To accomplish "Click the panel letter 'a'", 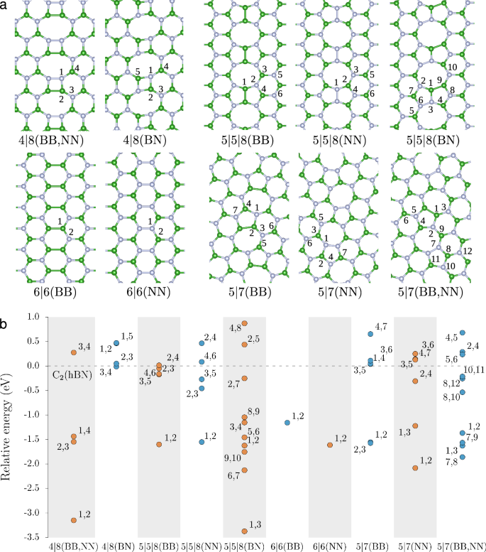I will click(x=5, y=6).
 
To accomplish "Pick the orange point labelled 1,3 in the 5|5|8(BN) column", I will click(x=245, y=531).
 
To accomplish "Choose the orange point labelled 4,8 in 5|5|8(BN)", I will click(x=245, y=323).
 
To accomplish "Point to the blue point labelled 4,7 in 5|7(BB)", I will click(x=370, y=334).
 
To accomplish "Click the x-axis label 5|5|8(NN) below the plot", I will click(x=201, y=546).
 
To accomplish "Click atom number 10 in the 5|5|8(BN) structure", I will click(x=452, y=67).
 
